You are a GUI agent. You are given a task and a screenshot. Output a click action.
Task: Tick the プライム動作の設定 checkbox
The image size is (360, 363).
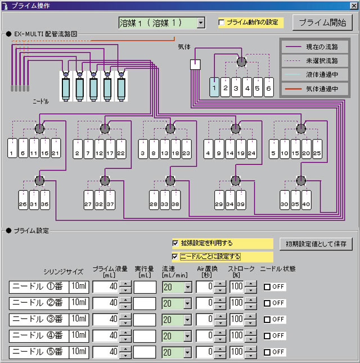coord(222,23)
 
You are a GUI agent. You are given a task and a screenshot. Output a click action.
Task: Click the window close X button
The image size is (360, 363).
coord(353,5)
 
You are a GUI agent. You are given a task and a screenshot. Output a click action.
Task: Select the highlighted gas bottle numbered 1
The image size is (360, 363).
coord(214,87)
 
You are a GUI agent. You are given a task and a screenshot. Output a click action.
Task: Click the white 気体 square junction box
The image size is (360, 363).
coord(195,64)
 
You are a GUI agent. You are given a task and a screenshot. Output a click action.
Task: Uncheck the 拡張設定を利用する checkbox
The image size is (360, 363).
coord(175,244)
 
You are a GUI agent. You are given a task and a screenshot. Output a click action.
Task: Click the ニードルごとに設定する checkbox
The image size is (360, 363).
coord(175,256)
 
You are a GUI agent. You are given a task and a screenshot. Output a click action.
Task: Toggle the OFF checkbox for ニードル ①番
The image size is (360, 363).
coord(268,287)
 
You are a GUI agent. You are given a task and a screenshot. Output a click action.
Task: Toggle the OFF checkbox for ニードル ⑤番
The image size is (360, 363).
coord(268,352)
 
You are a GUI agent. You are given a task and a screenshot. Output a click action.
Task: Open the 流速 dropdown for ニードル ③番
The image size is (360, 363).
coord(187,320)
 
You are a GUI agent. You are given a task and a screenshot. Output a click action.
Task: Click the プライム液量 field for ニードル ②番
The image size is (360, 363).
coord(106,303)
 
